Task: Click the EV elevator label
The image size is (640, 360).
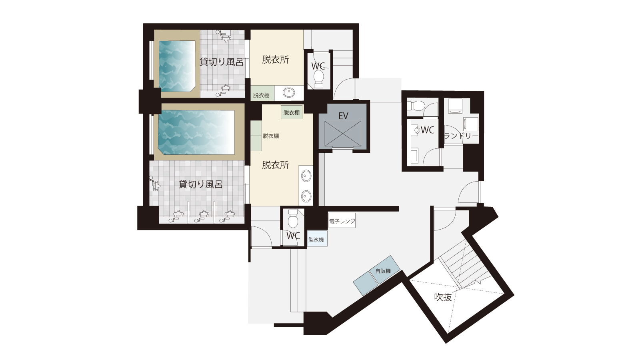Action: [343, 116]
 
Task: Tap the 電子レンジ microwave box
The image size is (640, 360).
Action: [342, 220]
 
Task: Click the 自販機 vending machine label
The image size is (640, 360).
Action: [383, 271]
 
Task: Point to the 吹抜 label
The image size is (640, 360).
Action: [443, 297]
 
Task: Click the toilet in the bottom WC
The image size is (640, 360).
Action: [293, 218]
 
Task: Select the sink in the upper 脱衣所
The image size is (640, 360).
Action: [289, 92]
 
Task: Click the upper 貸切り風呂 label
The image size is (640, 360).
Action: [222, 62]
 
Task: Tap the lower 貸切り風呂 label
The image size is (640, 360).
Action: [200, 184]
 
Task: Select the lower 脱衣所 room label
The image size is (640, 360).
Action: [276, 165]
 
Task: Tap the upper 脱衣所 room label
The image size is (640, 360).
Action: [276, 60]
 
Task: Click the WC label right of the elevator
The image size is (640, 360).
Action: [428, 130]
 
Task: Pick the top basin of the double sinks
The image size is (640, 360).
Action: [306, 176]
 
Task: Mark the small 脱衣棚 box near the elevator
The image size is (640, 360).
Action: [292, 112]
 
